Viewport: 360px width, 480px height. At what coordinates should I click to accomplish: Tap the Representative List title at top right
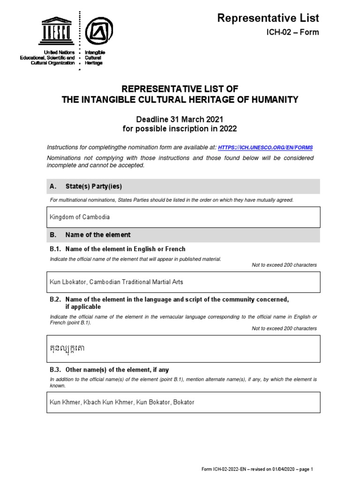(x=268, y=18)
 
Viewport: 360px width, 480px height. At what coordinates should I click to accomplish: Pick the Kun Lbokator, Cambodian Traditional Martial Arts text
(x=116, y=282)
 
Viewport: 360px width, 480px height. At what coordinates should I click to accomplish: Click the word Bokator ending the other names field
(x=184, y=402)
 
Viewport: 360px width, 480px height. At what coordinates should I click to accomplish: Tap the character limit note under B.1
(x=284, y=265)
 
